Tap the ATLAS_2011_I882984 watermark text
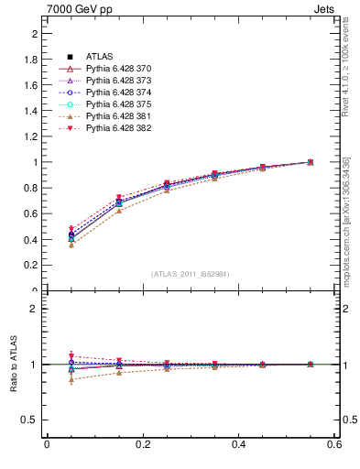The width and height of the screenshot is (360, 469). [191, 274]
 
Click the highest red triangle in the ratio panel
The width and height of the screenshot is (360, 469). [71, 355]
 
